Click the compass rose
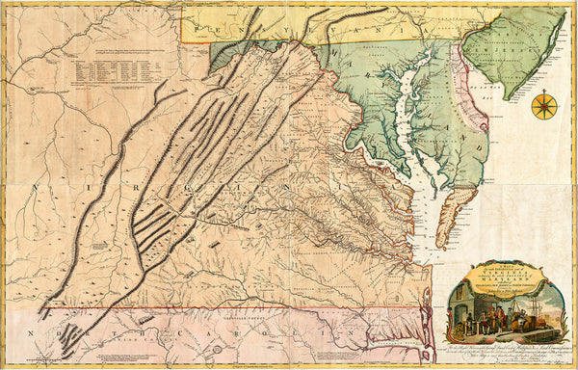pyautogui.click(x=543, y=104)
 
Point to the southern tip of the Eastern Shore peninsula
pyautogui.click(x=441, y=245)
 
